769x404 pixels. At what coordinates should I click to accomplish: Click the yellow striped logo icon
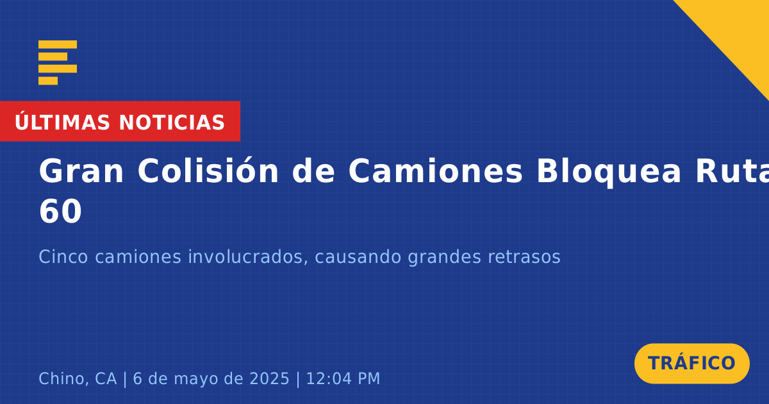pos(58,63)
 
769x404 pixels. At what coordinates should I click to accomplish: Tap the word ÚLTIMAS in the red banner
pos(62,122)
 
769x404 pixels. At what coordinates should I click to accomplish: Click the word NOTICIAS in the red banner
pos(172,122)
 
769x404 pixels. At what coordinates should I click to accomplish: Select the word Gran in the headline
pos(81,171)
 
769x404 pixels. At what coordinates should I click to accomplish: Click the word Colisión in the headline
pos(208,171)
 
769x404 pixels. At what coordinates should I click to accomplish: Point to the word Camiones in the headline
pos(435,171)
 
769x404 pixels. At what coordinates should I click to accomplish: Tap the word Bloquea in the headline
pos(609,173)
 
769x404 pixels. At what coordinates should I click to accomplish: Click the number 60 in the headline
pos(60,212)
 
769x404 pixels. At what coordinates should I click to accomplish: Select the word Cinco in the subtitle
pos(63,257)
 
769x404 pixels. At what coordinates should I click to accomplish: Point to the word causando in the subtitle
pos(358,257)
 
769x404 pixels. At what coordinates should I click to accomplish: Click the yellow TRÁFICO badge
pos(691,364)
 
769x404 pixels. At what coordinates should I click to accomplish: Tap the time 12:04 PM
pos(343,379)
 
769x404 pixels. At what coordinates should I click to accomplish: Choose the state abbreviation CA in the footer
pos(106,379)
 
